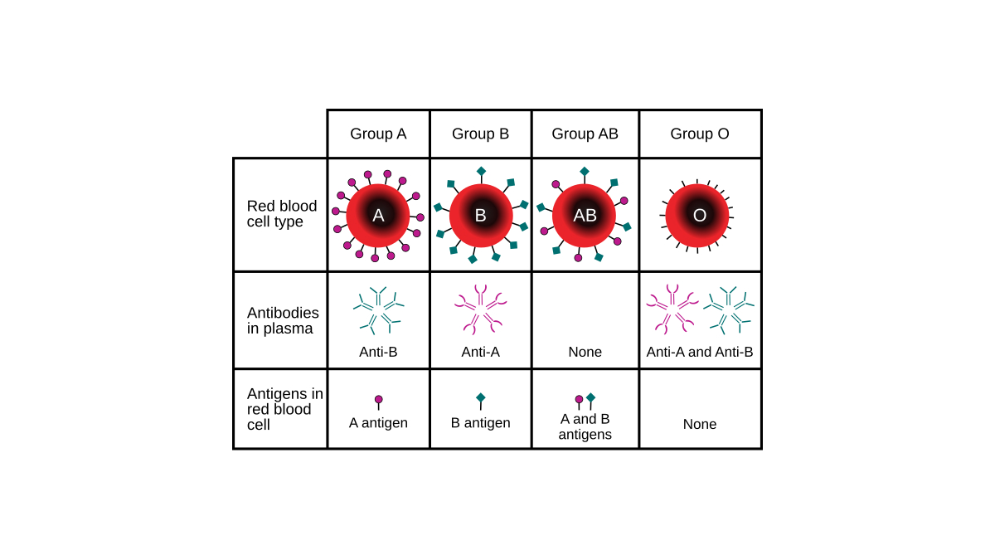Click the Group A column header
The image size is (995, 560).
pyautogui.click(x=378, y=134)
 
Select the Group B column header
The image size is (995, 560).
pyautogui.click(x=480, y=134)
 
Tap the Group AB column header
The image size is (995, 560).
pyautogui.click(x=585, y=134)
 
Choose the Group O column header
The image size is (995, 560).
pyautogui.click(x=700, y=134)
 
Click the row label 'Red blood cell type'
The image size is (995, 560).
pyautogui.click(x=282, y=214)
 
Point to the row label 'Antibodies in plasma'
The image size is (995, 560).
pyautogui.click(x=283, y=320)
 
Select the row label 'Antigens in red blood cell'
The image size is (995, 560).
pyautogui.click(x=284, y=409)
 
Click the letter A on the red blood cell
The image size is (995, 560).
pyautogui.click(x=378, y=216)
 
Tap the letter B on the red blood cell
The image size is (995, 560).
pyautogui.click(x=480, y=216)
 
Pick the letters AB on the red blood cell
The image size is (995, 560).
pyautogui.click(x=585, y=216)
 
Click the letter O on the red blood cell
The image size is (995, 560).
pyautogui.click(x=700, y=216)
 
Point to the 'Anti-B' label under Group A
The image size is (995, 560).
pyautogui.click(x=378, y=352)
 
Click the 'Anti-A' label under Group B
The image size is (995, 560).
pyautogui.click(x=480, y=352)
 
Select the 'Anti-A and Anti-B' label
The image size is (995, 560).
pyautogui.click(x=700, y=352)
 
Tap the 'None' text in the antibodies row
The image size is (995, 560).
pyautogui.click(x=585, y=352)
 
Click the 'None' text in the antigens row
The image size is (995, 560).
pyautogui.click(x=700, y=424)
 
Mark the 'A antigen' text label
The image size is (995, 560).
pyautogui.click(x=378, y=422)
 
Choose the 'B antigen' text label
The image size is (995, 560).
pyautogui.click(x=480, y=422)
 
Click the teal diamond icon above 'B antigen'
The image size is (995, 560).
pyautogui.click(x=481, y=397)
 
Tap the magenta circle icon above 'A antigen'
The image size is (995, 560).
pyautogui.click(x=378, y=400)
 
